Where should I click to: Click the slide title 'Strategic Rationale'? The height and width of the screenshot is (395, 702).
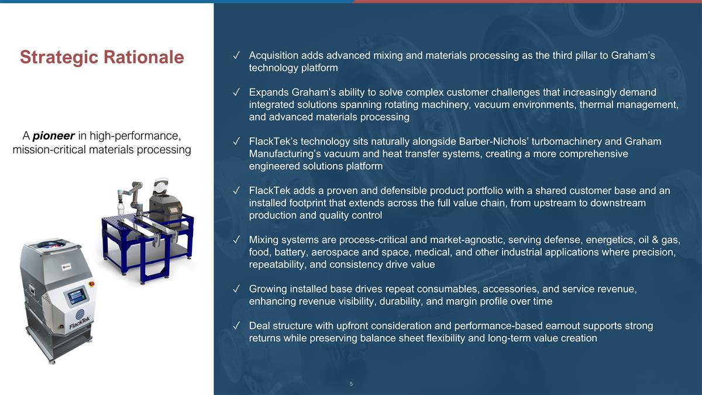point(102,57)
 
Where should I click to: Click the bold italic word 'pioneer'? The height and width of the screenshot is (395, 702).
point(54,136)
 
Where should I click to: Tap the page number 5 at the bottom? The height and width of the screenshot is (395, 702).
point(351,384)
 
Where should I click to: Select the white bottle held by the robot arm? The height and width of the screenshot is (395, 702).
point(121,208)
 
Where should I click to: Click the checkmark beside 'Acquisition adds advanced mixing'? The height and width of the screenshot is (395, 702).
point(236,56)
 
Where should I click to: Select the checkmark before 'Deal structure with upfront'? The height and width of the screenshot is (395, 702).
point(236,326)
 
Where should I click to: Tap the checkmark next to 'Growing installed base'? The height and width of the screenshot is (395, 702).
point(236,289)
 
